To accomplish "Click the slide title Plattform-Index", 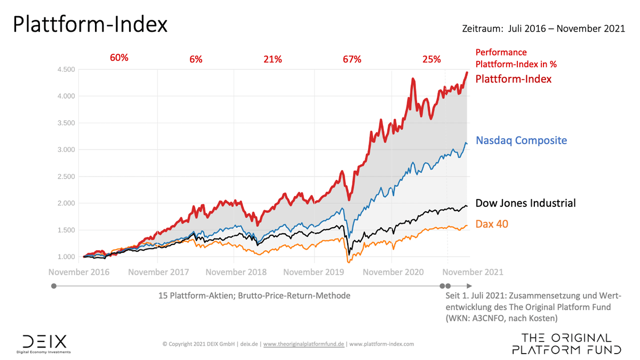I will pos(90,25).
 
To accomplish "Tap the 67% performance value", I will pos(352,59).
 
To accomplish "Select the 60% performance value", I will pos(119,58).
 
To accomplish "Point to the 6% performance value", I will pos(196,59).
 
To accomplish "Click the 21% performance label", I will pos(272,59).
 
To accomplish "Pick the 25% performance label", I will pos(431,59).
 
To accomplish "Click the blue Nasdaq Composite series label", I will pos(521,141).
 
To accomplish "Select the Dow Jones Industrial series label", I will pos(525,203).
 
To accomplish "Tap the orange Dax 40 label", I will pos(492,224).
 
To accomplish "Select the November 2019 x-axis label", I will pos(314,272).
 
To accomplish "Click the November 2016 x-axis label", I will pos(79,272).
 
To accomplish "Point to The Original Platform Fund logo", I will pos(566,344).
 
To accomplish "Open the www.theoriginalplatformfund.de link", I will pos(305,344).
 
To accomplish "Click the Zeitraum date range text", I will pos(543,29).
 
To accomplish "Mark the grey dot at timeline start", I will pos(53,286).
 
